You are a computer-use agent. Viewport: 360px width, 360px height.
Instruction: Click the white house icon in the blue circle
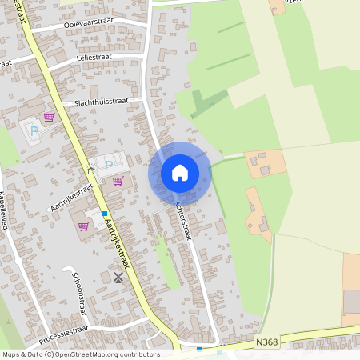[179, 173]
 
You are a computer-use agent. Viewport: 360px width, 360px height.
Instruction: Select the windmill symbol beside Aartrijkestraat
[119, 278]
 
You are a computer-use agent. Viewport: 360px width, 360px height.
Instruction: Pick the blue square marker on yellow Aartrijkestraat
[104, 214]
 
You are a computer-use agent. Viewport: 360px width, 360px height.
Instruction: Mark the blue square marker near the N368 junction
[199, 349]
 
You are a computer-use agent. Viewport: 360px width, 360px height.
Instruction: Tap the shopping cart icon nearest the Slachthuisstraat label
[50, 118]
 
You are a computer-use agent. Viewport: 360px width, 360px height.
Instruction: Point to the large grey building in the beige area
[352, 302]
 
